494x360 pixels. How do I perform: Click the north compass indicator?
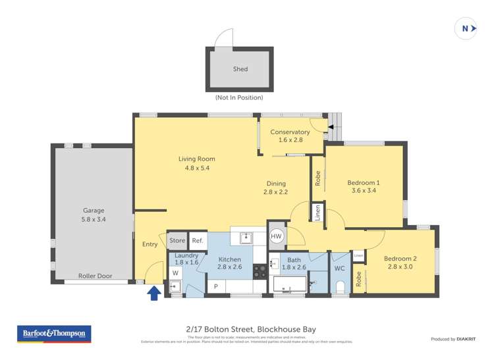tap(466, 28)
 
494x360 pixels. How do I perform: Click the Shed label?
tap(240, 69)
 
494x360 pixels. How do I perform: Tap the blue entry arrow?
tap(154, 292)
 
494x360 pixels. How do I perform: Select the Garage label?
tap(94, 211)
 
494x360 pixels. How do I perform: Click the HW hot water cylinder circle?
tap(277, 236)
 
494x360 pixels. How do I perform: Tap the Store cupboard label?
tap(177, 241)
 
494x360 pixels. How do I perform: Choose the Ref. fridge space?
tap(198, 241)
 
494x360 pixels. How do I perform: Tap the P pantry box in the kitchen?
tap(215, 287)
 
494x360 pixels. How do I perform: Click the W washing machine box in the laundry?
tap(175, 272)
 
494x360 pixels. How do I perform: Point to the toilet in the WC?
tap(340, 286)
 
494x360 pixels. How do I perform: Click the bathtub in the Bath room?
tap(288, 286)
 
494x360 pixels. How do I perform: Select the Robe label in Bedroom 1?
tap(317, 178)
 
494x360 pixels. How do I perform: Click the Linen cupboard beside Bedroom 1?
tap(317, 212)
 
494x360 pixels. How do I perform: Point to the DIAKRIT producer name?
tap(464, 339)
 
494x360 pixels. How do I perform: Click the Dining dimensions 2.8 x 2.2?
tap(277, 192)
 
